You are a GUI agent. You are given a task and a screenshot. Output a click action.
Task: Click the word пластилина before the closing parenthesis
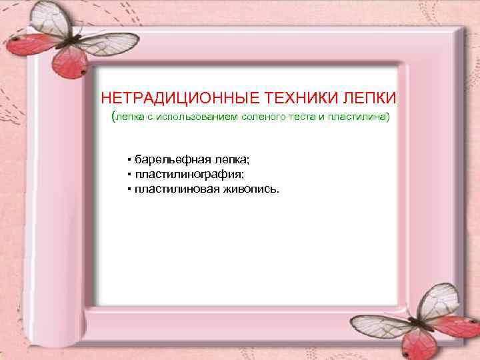[x=352, y=118]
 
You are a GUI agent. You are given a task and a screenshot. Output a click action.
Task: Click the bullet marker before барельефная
[x=128, y=160]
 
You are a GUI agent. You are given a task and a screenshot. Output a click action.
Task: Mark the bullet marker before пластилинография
[x=128, y=175]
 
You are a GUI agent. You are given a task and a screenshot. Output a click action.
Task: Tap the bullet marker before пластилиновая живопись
[x=128, y=189]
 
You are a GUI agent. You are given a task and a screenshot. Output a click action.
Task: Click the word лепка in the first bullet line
[x=227, y=160]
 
